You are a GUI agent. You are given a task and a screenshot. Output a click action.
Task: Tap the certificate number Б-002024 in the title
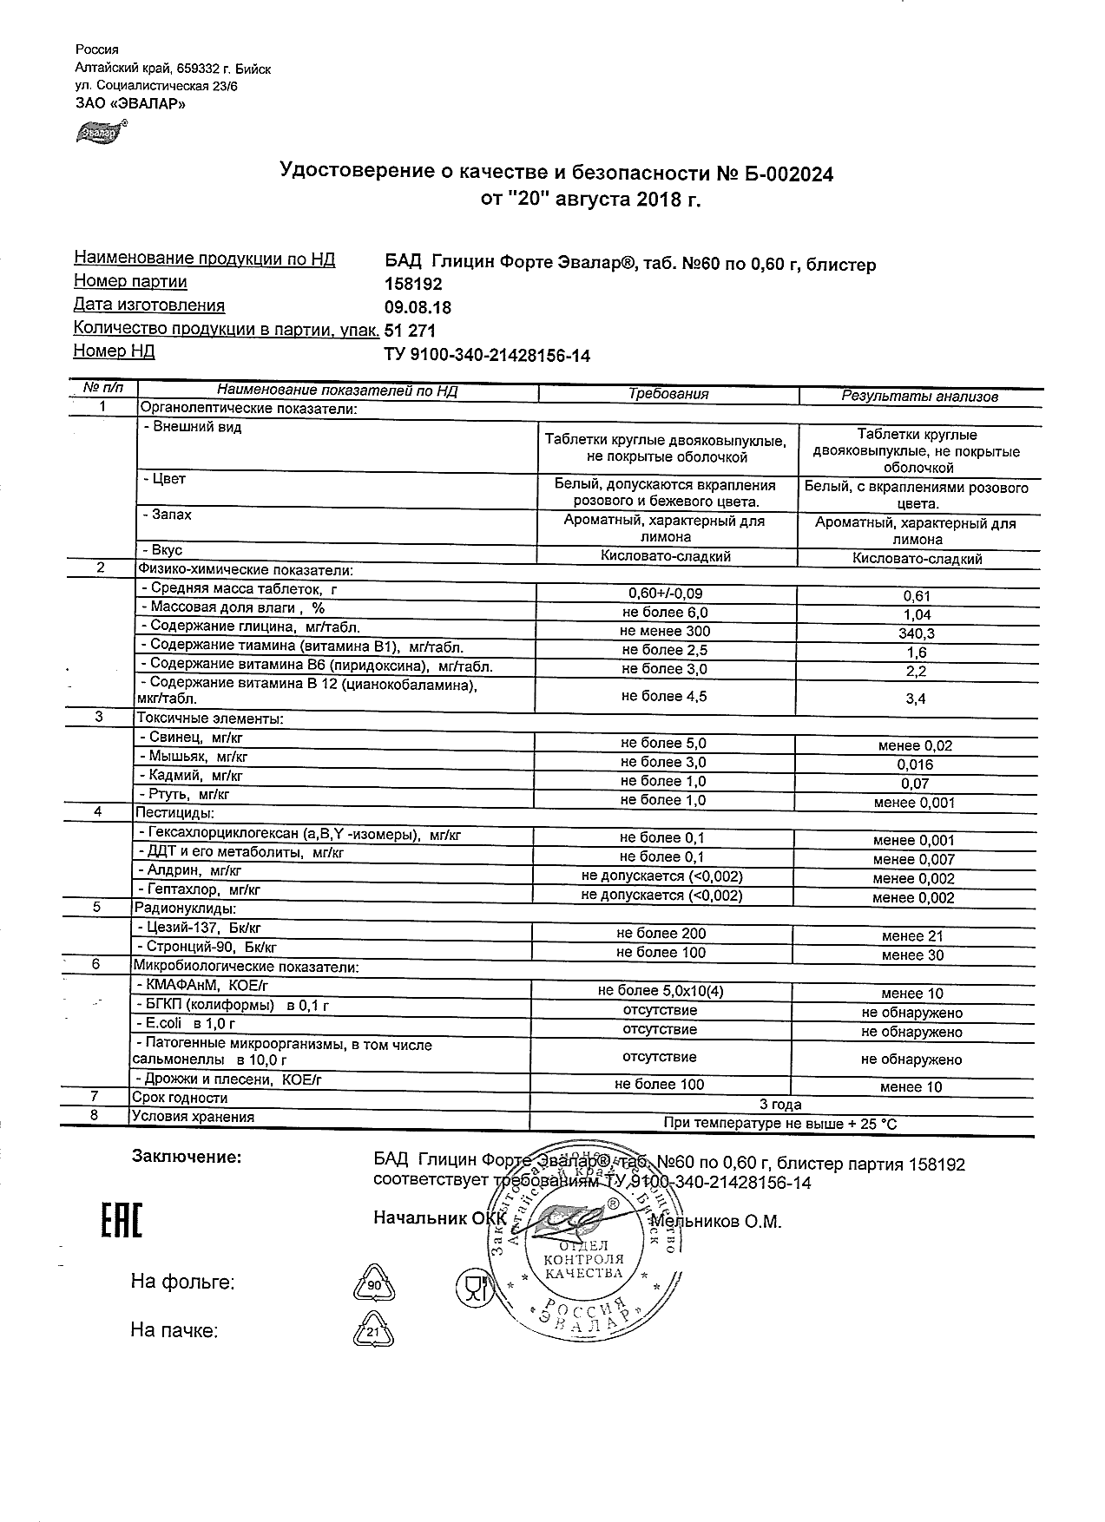786,174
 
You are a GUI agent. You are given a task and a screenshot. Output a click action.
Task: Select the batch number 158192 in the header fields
413,285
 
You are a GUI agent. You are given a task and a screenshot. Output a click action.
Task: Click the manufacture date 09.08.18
418,308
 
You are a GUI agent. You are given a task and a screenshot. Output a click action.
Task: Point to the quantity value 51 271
410,331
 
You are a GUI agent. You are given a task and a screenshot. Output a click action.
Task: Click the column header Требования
668,394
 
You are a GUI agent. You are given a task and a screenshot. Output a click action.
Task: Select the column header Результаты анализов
919,397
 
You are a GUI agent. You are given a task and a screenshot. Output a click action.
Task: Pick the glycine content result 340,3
917,633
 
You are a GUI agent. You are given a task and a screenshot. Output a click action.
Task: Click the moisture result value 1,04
917,614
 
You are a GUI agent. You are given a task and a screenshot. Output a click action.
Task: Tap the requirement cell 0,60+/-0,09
665,594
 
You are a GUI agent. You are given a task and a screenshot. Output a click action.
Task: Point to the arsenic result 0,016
916,764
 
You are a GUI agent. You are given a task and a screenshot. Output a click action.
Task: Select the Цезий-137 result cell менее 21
912,936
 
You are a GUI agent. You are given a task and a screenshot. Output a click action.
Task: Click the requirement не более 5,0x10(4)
661,991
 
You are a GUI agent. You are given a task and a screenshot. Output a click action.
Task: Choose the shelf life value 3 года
780,1105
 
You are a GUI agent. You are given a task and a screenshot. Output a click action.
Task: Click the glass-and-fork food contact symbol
472,1286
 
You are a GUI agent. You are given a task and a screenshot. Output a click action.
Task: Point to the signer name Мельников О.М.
717,1222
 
